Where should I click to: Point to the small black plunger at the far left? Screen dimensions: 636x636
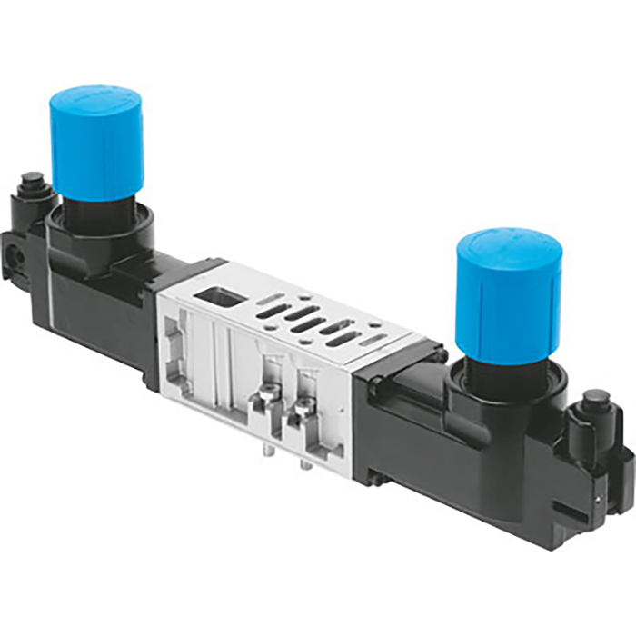34,179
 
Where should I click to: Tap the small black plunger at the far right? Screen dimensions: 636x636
597,397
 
